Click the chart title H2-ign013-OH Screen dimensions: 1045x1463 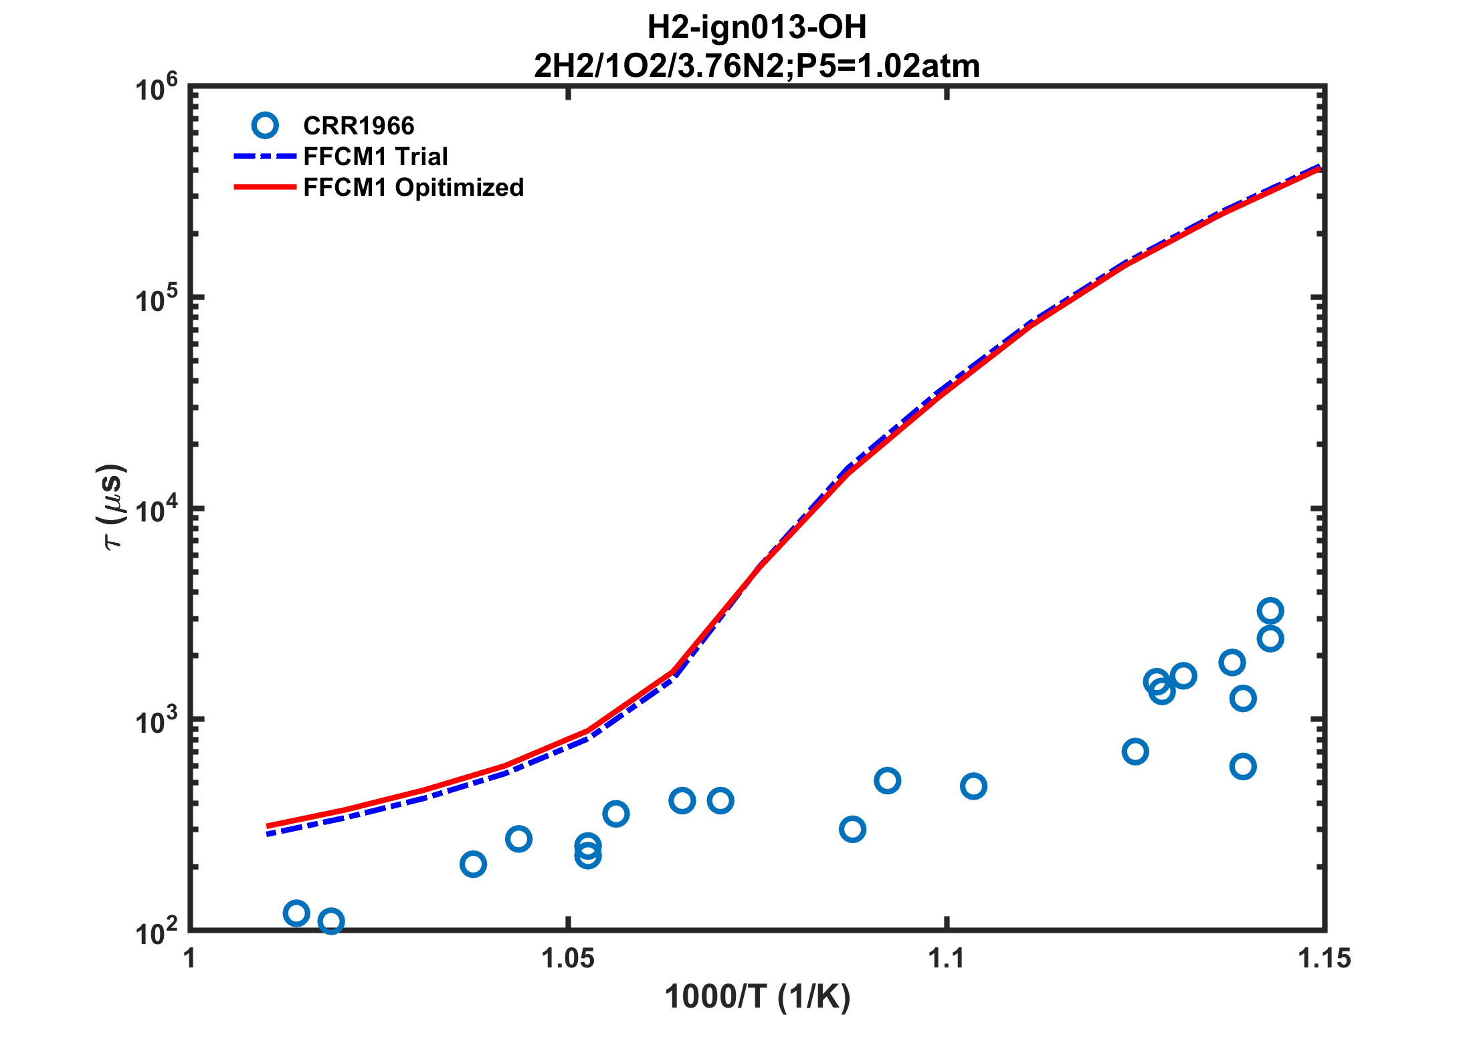pos(757,27)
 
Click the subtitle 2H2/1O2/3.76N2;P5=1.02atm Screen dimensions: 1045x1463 pos(757,66)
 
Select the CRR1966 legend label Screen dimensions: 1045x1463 pos(359,126)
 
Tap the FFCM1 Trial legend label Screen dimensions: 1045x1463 pos(375,156)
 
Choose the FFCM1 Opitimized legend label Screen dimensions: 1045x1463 pos(413,187)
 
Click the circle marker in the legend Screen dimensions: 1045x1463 pos(265,125)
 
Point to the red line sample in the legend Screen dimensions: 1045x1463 pos(264,187)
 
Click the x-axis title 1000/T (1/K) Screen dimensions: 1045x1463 pos(757,997)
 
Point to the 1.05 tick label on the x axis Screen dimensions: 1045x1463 pos(568,959)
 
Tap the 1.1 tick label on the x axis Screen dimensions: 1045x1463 pos(946,959)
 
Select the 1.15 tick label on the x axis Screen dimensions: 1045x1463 pos(1324,959)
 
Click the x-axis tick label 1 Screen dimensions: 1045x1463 pos(190,959)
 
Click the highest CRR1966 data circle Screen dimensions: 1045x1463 pos(1270,611)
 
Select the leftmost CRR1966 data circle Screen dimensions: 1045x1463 pos(296,913)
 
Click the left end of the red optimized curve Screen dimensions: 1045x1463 pos(268,826)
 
